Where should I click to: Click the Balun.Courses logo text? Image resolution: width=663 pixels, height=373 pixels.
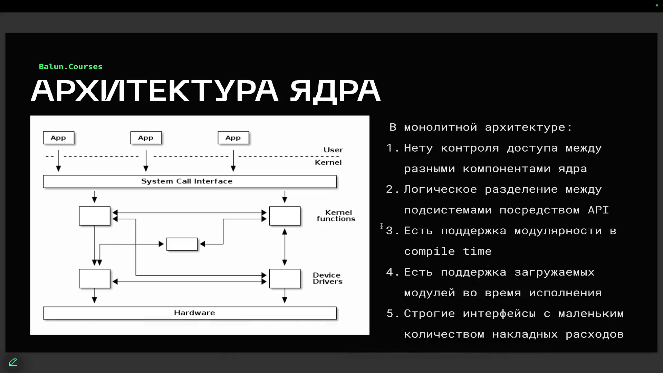point(71,67)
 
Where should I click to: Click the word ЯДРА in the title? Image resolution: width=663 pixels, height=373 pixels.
point(335,91)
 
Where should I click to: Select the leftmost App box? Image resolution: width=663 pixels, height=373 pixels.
point(59,138)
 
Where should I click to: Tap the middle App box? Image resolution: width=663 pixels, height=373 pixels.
point(146,138)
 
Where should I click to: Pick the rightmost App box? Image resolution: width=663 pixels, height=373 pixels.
point(233,138)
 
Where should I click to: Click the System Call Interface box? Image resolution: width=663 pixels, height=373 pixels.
point(190,181)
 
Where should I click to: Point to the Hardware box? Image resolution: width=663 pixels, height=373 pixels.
point(190,313)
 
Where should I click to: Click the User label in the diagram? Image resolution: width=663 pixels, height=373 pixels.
point(333,150)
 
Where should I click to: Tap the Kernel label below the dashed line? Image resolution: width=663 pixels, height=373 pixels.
point(328,162)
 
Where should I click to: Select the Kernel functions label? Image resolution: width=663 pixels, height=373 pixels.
point(336,216)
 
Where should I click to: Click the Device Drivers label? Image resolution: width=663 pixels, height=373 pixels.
point(328,278)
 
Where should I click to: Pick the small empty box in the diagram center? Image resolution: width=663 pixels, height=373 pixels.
point(182,244)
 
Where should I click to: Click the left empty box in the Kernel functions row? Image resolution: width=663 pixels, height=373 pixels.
point(95,216)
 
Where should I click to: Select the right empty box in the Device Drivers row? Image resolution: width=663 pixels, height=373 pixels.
point(285,278)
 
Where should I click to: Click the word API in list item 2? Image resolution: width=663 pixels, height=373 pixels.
point(598,210)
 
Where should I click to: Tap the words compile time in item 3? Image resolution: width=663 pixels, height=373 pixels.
point(448,251)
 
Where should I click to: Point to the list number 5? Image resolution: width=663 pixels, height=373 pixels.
point(390,314)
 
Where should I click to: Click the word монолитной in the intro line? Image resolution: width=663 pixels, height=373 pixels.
point(441,127)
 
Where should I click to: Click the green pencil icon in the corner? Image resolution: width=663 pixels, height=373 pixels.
point(13,362)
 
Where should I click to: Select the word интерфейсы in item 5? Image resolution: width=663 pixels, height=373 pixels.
point(499,314)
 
